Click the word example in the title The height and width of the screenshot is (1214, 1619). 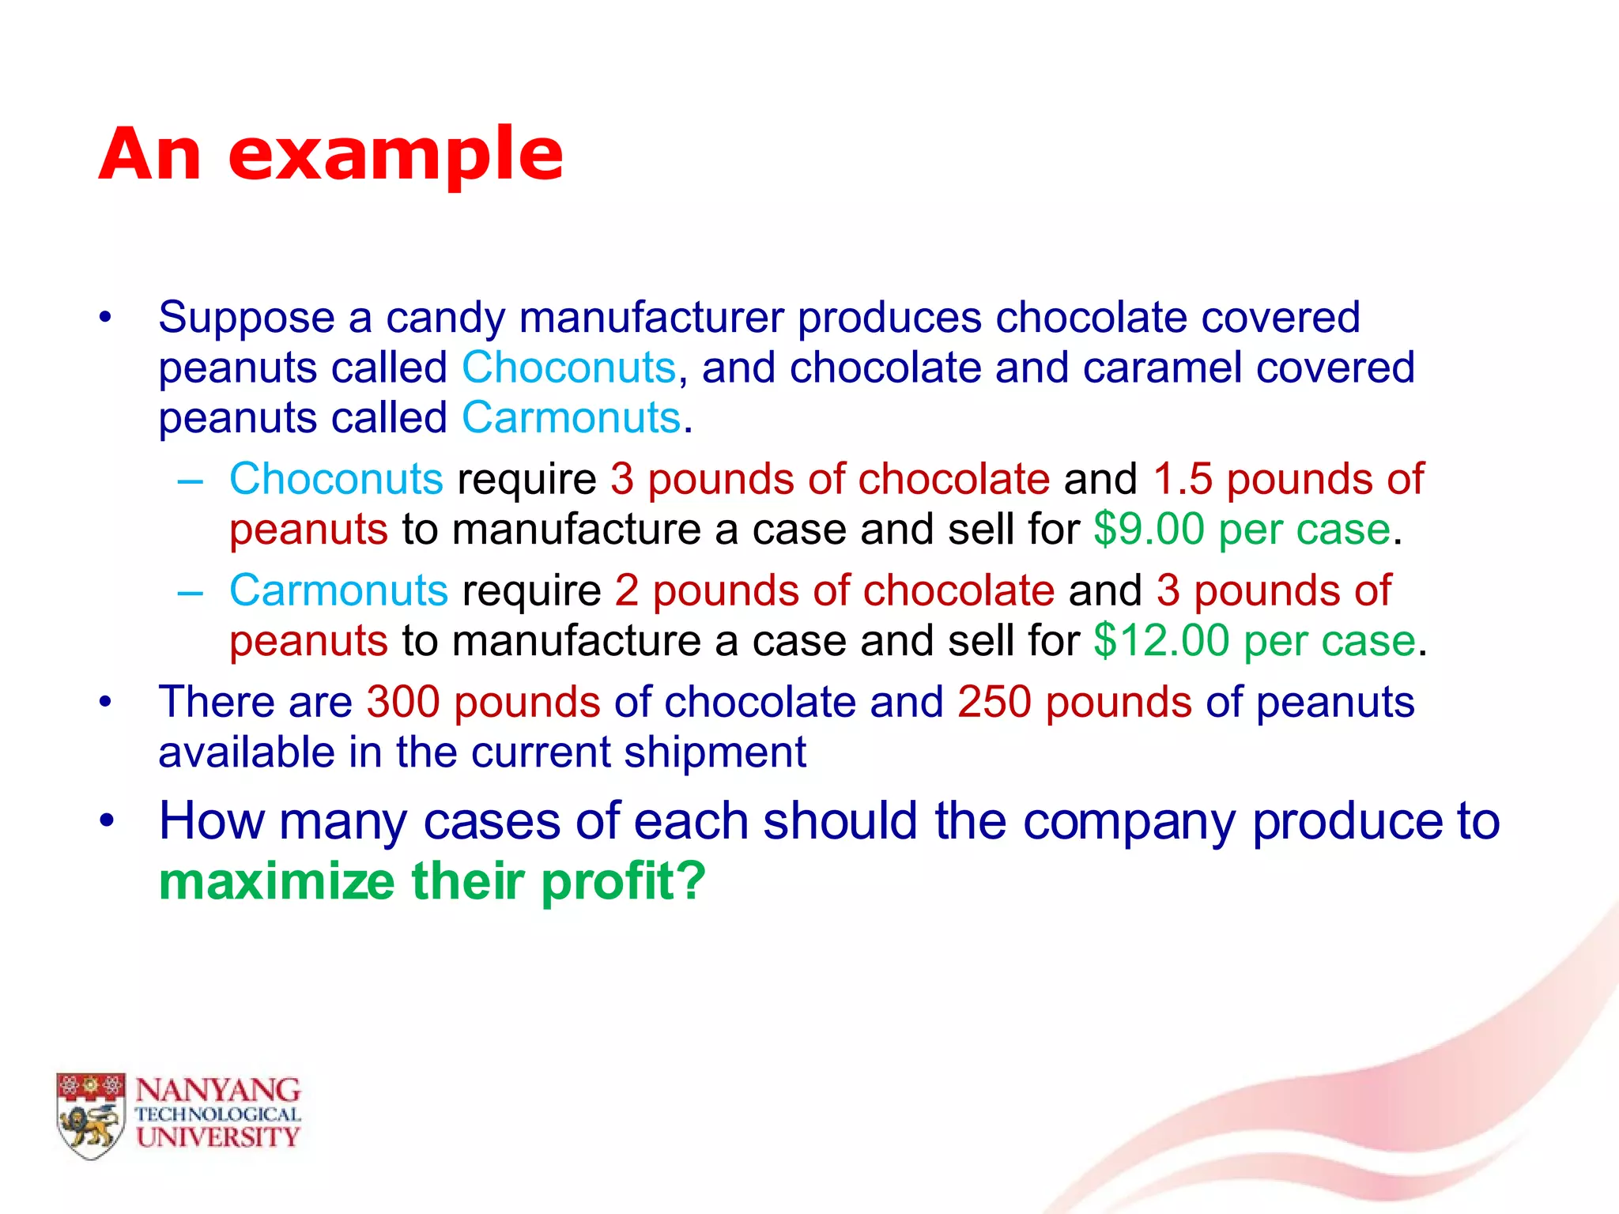[395, 156]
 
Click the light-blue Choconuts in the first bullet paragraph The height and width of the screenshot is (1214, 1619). [568, 368]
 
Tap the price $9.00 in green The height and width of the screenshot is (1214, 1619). [1149, 529]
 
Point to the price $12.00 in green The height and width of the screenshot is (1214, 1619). [1161, 640]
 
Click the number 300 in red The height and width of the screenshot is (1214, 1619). [403, 702]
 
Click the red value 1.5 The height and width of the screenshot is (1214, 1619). [1183, 479]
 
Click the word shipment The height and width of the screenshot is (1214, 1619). [715, 752]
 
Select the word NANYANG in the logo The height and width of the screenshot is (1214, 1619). [217, 1091]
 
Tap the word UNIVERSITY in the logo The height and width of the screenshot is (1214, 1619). [217, 1137]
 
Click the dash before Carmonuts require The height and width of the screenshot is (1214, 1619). [191, 591]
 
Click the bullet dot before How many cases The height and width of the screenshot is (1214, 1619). [107, 820]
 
